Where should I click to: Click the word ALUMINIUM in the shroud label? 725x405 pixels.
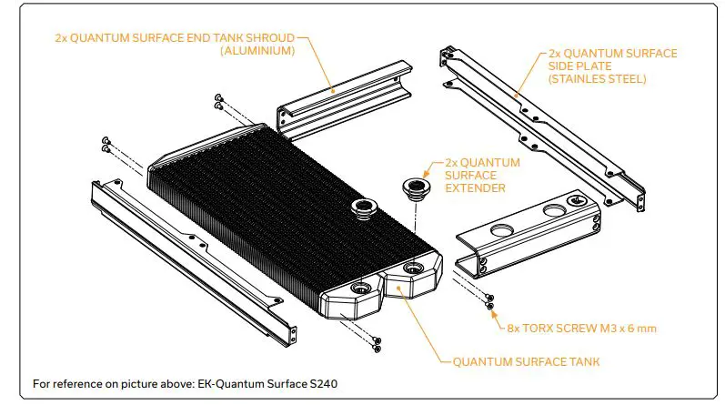257,52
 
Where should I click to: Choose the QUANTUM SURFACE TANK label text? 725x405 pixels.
526,361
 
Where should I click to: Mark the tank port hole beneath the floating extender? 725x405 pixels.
414,268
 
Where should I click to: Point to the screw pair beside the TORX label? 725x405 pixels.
489,301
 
